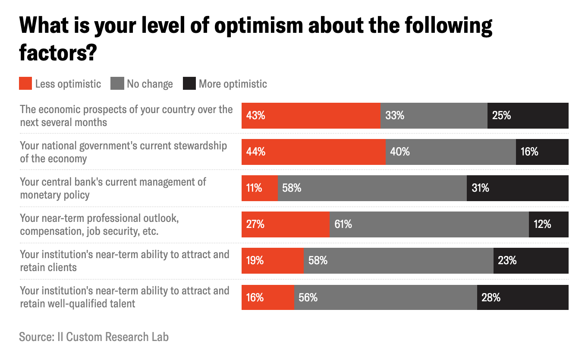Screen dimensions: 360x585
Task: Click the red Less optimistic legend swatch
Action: coord(26,84)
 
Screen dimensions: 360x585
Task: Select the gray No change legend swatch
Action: coord(117,84)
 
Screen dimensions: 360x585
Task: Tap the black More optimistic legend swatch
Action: coord(189,84)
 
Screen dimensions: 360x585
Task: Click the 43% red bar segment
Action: coord(311,116)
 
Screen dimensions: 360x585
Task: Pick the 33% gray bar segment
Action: coord(434,116)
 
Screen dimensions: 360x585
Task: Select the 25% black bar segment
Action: coord(528,116)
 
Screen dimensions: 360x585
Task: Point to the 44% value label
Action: coord(256,152)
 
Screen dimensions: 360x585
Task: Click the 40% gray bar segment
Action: coord(450,152)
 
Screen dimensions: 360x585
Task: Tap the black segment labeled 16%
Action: coord(542,152)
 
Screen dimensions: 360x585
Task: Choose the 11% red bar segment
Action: coord(259,188)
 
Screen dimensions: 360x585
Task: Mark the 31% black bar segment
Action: coord(517,188)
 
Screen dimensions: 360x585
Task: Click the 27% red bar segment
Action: coord(285,224)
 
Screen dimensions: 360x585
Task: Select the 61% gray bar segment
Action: coord(429,224)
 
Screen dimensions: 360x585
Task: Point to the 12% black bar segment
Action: coord(548,224)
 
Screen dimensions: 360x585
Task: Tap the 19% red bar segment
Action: coord(272,261)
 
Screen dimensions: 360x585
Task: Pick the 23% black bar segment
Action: coord(531,261)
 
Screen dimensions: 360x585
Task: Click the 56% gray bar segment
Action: coord(385,297)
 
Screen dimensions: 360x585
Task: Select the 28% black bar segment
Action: coord(522,297)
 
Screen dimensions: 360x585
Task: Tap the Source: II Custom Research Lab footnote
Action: coord(94,337)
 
